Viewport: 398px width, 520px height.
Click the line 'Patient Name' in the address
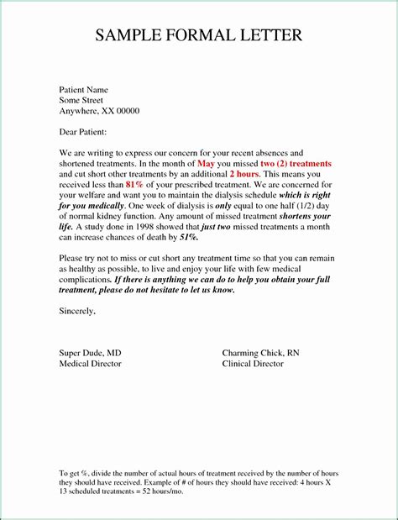point(83,89)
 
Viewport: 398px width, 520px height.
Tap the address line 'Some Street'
point(81,100)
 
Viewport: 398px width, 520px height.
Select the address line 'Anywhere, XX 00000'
point(98,111)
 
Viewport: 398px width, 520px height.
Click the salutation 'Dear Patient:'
point(82,132)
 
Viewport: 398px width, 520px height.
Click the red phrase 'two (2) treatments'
point(296,163)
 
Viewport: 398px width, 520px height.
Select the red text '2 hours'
point(244,174)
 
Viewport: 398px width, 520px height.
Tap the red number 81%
point(135,185)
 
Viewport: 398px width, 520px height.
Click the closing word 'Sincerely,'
point(77,311)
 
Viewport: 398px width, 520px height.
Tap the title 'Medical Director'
point(90,364)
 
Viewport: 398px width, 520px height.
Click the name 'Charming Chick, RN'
point(260,353)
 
